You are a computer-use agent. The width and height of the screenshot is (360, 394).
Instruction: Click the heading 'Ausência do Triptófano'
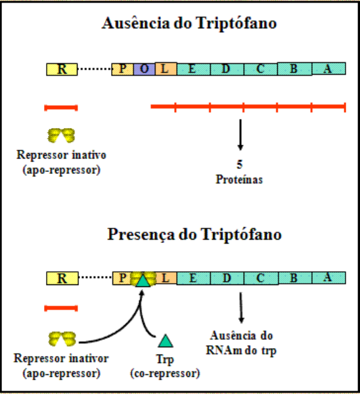tap(189, 24)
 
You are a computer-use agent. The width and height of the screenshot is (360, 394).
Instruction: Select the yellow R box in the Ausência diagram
tap(62, 69)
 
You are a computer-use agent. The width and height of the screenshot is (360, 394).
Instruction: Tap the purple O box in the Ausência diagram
tap(145, 69)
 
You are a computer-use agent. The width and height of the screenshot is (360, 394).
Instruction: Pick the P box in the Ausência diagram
tap(123, 69)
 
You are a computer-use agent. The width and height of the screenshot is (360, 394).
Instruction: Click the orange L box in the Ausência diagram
tap(166, 69)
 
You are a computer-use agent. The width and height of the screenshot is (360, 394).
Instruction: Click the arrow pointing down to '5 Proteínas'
tap(241, 135)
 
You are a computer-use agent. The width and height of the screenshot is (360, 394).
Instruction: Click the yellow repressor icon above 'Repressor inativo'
tap(62, 135)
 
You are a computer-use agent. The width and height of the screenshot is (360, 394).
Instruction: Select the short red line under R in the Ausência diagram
tap(61, 107)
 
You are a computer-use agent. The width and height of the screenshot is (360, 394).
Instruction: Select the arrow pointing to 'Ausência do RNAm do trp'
tap(241, 307)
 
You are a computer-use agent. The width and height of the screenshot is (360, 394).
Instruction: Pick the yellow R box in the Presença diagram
tap(62, 278)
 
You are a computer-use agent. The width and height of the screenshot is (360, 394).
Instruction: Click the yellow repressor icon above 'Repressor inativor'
tap(62, 339)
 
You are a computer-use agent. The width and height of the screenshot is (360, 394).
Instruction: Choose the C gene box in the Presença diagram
tap(259, 278)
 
